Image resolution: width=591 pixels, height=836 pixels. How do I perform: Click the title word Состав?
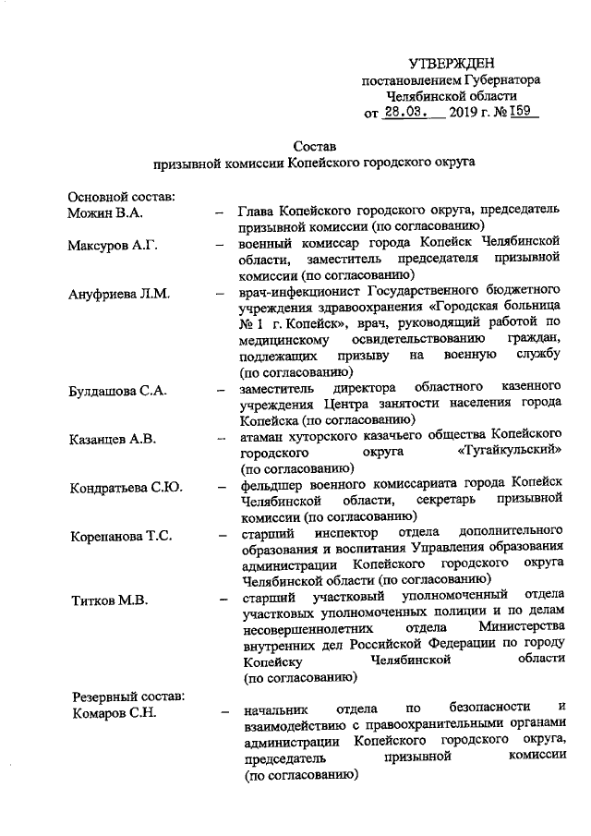coord(315,146)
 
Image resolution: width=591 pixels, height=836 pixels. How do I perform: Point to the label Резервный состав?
coord(127,695)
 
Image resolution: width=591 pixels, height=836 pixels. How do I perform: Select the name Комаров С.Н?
coord(111,712)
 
